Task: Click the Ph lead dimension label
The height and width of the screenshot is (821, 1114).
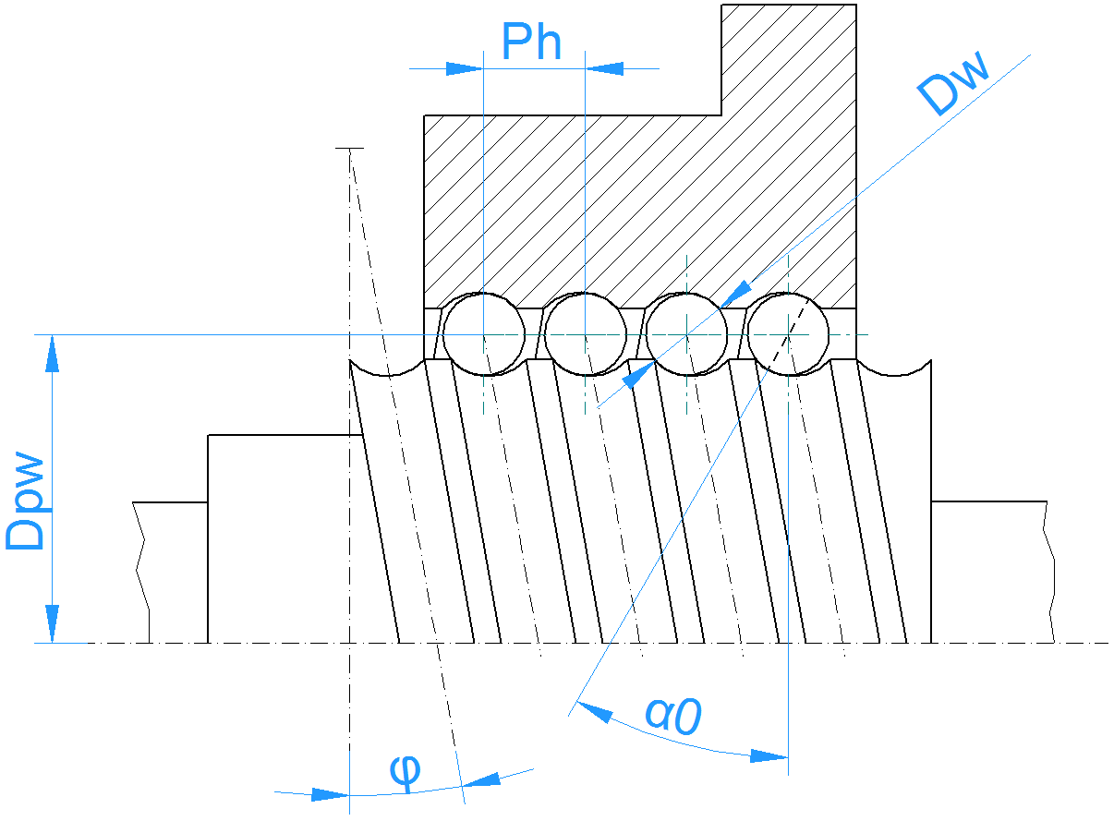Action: coord(531,42)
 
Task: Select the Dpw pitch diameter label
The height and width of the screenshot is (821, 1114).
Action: coord(25,501)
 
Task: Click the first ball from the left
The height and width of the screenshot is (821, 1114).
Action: coord(483,334)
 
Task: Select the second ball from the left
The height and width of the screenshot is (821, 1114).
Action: coord(585,334)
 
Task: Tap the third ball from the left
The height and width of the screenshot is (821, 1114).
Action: coord(686,334)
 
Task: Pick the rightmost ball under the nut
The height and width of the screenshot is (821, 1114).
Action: coord(788,334)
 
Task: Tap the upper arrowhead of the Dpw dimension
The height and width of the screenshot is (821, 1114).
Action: coord(53,353)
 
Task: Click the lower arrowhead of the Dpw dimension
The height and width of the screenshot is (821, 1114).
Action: coord(53,623)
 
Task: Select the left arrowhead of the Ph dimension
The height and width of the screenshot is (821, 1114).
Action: coord(464,68)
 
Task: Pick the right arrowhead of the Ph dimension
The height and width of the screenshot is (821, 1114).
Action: coord(604,68)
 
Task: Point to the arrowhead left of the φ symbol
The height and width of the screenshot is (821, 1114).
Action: coord(331,794)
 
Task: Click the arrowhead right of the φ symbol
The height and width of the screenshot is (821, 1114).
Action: coord(479,780)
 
